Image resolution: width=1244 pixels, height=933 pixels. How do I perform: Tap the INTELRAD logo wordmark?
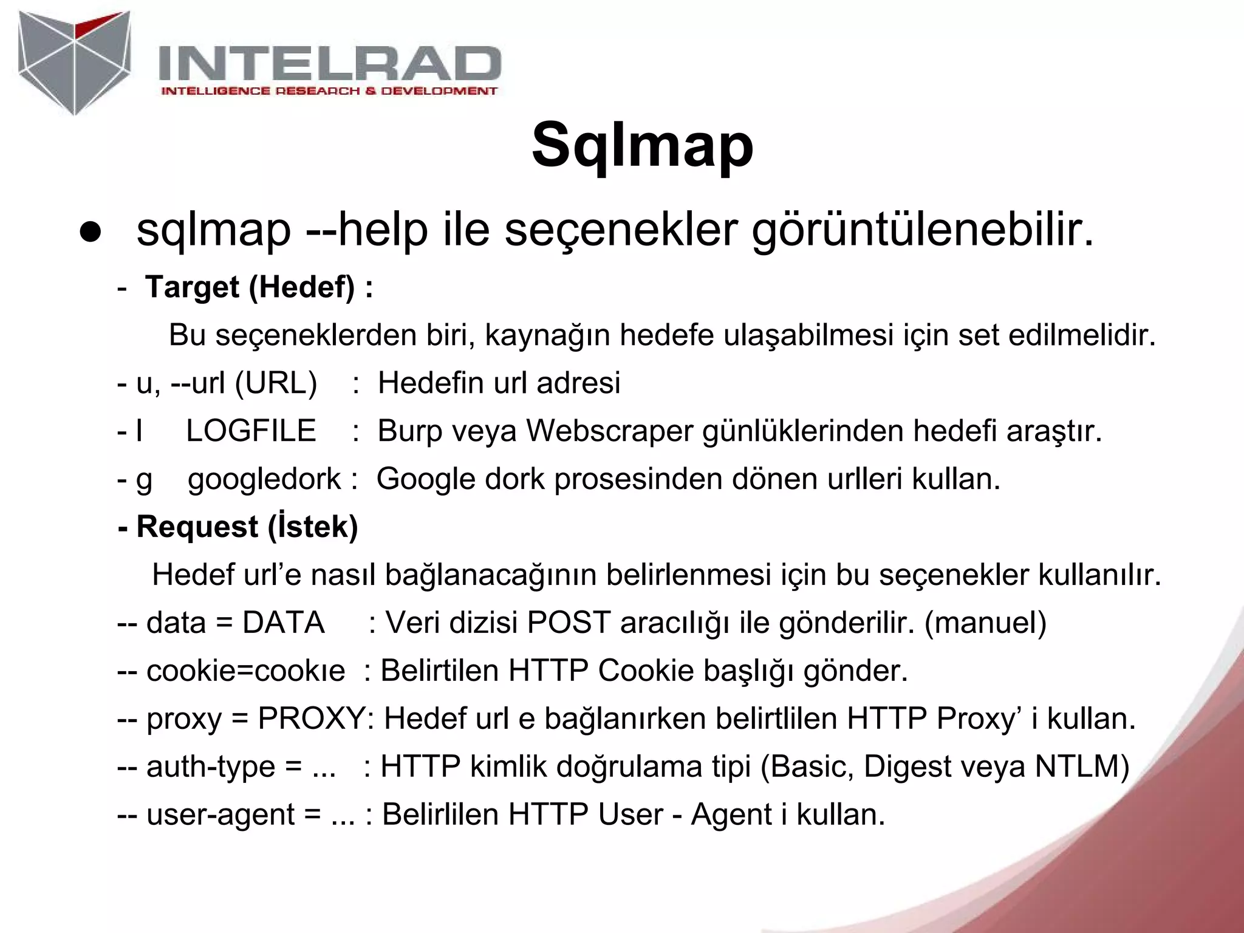click(x=330, y=64)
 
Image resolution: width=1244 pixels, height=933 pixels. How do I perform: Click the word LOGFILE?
click(x=251, y=431)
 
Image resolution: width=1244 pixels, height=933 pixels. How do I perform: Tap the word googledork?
click(x=264, y=479)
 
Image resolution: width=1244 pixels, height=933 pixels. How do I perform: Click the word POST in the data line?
click(x=569, y=623)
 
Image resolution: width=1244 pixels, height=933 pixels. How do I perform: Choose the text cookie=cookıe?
click(x=245, y=671)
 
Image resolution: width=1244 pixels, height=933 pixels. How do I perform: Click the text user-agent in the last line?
click(x=220, y=815)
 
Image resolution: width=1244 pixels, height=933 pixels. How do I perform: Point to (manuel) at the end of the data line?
click(x=985, y=623)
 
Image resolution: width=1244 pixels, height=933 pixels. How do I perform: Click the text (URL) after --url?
click(x=276, y=383)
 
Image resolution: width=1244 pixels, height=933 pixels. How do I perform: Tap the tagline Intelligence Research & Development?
click(x=329, y=91)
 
